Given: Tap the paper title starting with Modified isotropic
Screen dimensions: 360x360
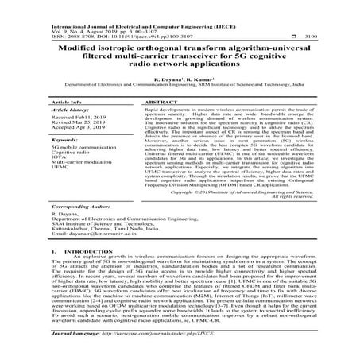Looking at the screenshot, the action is [x=180, y=57].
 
